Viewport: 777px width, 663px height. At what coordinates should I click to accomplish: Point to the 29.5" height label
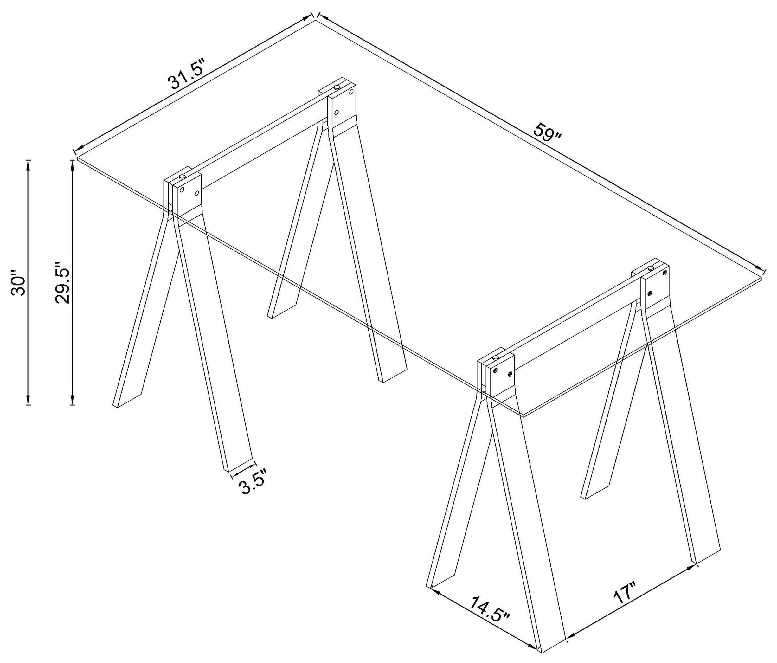(61, 282)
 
